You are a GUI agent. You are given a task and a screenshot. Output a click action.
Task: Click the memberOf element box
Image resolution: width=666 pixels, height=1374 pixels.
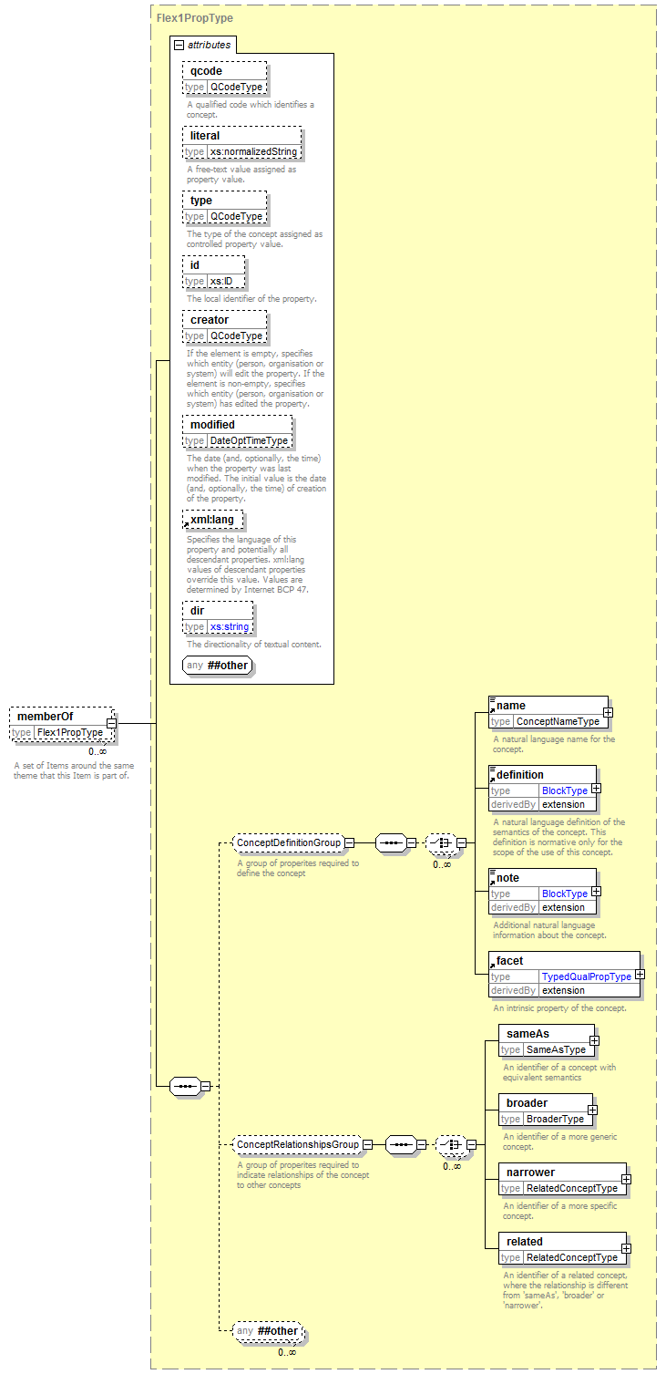coord(62,724)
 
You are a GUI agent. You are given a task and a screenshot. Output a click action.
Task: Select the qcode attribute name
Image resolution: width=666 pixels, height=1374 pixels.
coord(206,71)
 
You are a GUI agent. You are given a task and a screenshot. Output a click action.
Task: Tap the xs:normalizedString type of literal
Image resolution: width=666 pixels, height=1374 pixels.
coord(253,151)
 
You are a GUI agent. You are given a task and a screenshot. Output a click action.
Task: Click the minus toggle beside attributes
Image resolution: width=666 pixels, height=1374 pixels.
coord(179,45)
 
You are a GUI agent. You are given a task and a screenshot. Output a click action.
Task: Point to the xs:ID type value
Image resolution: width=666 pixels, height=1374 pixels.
coord(221,281)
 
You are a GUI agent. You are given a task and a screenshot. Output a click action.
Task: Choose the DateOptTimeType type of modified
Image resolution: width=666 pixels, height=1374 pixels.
coord(249,440)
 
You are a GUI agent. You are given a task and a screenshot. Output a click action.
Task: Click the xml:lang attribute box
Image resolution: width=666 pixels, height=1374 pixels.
coord(212,521)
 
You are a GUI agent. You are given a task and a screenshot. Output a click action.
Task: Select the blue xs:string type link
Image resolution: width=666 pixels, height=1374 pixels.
coord(230,627)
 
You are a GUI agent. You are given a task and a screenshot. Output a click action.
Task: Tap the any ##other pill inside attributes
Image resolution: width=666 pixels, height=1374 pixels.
coord(218,666)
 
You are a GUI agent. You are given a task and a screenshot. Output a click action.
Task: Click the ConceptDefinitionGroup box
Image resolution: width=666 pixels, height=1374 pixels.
coord(288,842)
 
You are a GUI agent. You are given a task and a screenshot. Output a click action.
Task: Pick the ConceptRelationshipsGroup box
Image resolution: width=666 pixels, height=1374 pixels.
coord(298,1144)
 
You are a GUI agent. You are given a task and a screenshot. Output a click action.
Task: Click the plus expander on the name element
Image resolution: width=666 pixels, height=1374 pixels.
coord(608,712)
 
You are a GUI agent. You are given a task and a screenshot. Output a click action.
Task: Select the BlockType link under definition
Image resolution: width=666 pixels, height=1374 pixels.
coord(564,790)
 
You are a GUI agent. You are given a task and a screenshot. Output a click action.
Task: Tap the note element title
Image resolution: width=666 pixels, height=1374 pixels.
coord(507,878)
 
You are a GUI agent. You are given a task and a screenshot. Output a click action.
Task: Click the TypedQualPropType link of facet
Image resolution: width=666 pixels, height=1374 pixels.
coord(587,976)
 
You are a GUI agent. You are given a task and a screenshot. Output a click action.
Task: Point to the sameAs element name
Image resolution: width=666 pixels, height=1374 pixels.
coord(528,1034)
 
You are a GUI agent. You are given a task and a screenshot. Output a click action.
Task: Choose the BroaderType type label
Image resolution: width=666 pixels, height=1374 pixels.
coord(555,1119)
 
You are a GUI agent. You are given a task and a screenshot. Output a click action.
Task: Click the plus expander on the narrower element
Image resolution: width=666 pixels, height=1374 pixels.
coord(626,1179)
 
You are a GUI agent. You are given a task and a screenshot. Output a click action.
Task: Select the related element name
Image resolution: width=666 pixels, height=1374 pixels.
coord(525,1242)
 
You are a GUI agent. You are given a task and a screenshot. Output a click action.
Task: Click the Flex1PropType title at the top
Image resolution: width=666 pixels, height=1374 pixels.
coord(195,18)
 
